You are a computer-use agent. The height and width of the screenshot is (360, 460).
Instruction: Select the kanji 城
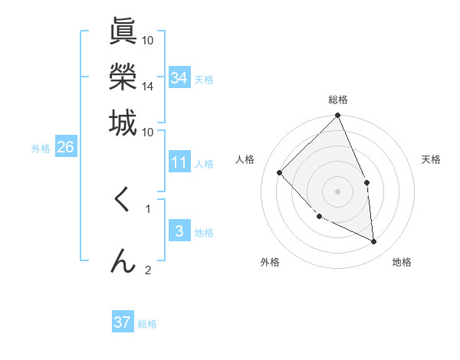point(123,122)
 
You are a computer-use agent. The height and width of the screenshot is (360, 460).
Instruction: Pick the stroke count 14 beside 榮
point(148,87)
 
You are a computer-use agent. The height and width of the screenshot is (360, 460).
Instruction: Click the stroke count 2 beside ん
point(148,270)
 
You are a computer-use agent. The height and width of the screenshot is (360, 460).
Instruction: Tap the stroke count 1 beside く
point(148,207)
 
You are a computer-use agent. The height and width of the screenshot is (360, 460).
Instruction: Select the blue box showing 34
point(179,77)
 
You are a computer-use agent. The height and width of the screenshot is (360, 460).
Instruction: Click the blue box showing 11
point(179,162)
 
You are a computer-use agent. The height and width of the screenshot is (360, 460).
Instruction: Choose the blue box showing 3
point(179,231)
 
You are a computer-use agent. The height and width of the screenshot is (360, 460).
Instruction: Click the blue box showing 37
point(123,322)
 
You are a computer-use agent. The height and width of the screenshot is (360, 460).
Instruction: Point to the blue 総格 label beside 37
point(148,324)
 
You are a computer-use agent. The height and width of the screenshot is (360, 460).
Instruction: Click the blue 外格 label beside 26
point(41,149)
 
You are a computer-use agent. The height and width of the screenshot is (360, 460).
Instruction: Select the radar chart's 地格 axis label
point(402,262)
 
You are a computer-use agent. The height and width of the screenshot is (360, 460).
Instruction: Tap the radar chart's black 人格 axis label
point(245,159)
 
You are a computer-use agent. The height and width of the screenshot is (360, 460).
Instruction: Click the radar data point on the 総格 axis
point(337,116)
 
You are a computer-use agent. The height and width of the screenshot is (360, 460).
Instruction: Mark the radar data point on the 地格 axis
point(373,241)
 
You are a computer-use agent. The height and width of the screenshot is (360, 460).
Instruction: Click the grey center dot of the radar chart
point(337,191)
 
